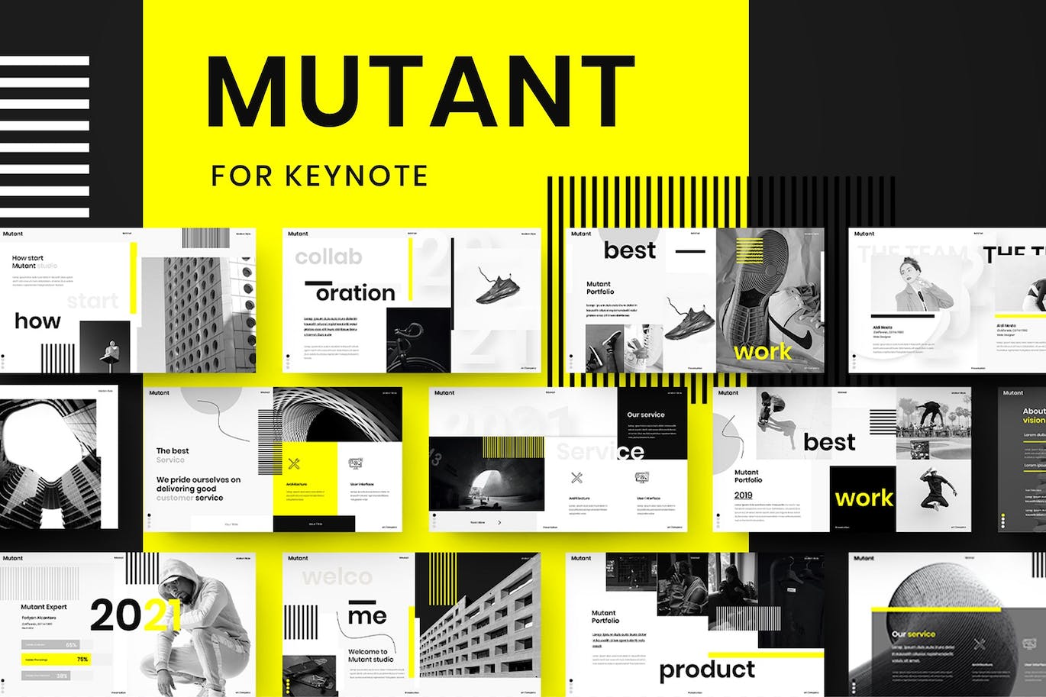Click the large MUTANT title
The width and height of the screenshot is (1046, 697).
pos(421,92)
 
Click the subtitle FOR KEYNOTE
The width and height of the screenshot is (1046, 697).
pos(319,176)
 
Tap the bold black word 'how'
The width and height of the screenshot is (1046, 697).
pos(37,321)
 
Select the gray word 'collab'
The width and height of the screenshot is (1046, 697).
pos(328,257)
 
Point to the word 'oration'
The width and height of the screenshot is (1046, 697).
pos(356,293)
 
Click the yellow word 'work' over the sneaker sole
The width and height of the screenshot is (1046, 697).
pos(762,352)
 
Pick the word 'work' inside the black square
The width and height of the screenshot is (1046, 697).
pos(864,499)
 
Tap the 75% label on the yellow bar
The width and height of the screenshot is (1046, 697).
pos(82,659)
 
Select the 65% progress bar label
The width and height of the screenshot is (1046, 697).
pos(72,645)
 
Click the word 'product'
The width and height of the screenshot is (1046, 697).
pos(707,670)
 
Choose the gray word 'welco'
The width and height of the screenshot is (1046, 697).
pos(337,576)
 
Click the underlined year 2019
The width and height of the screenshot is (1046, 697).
pos(743,495)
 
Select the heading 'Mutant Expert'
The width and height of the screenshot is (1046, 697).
pos(44,607)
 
